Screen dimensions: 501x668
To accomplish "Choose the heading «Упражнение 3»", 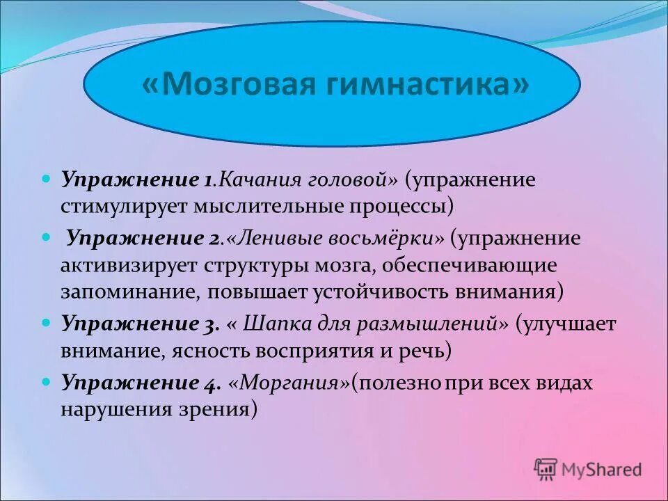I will (x=140, y=324).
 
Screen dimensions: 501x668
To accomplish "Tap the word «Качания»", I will (x=257, y=180).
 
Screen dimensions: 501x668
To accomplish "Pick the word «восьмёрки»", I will (x=388, y=239).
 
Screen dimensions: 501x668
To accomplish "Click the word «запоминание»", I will (x=128, y=292).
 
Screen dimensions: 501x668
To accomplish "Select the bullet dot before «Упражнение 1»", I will (x=47, y=180).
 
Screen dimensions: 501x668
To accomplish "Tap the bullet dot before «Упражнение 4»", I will (x=47, y=383).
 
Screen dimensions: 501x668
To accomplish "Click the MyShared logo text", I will (x=602, y=470).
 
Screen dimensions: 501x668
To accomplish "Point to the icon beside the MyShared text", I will (x=546, y=470).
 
